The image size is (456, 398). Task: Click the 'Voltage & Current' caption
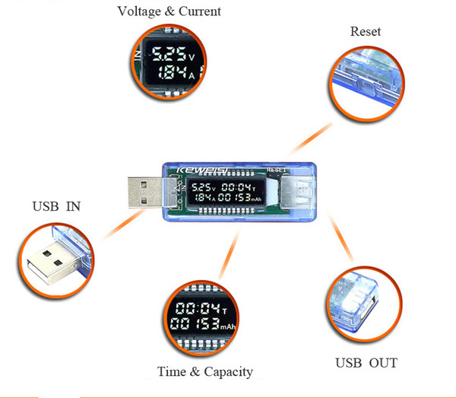(x=169, y=11)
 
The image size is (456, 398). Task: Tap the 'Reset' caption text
(x=366, y=31)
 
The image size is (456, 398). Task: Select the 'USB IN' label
(x=56, y=206)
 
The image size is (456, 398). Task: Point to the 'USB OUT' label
(x=366, y=363)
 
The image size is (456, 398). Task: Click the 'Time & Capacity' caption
(x=204, y=372)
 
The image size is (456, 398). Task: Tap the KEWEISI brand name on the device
(x=203, y=170)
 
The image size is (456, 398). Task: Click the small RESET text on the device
(x=276, y=170)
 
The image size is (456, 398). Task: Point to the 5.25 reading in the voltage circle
(x=169, y=54)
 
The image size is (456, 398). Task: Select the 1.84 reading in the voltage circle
(x=173, y=72)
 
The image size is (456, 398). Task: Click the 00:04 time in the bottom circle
(x=198, y=308)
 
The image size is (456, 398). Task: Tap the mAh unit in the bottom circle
(x=227, y=326)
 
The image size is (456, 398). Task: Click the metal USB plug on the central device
(x=145, y=193)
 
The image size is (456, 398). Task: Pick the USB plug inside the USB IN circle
(x=53, y=263)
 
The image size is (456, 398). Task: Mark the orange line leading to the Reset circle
(x=311, y=138)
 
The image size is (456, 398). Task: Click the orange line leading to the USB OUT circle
(x=340, y=237)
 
